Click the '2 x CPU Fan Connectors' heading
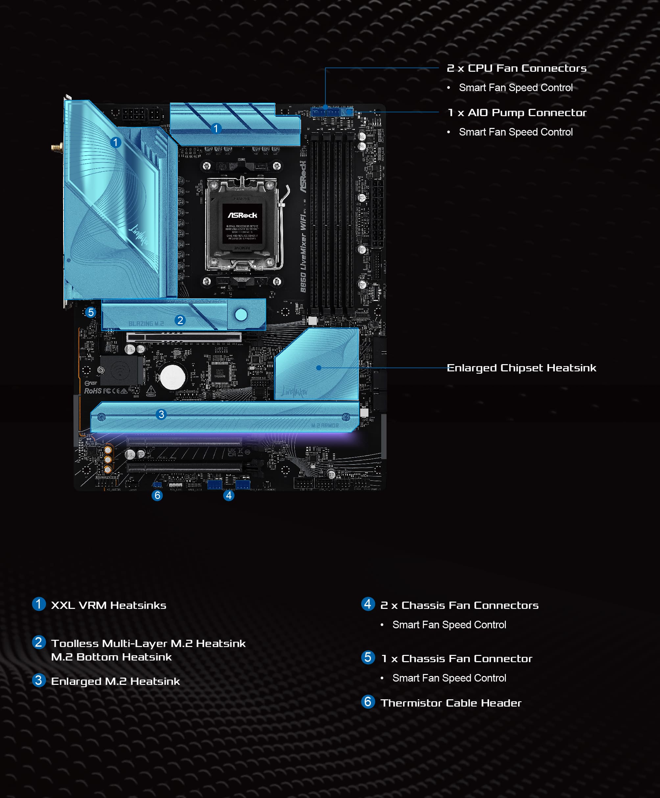[516, 68]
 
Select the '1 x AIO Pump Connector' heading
[517, 113]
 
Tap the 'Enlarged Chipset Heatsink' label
[521, 368]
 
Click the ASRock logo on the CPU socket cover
[242, 215]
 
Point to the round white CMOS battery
[173, 377]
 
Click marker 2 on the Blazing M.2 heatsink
[180, 320]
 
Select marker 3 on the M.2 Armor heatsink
[161, 414]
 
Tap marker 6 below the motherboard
[157, 495]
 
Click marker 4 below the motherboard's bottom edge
[229, 495]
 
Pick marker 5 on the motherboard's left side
[90, 312]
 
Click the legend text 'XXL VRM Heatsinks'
[108, 605]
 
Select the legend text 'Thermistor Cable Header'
[451, 703]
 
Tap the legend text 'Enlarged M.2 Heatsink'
[115, 681]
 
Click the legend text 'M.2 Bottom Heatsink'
[111, 657]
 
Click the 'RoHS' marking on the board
[93, 391]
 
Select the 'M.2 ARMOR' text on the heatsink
[325, 426]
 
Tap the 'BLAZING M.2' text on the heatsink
[146, 324]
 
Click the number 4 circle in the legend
[367, 604]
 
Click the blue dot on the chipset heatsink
[319, 368]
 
